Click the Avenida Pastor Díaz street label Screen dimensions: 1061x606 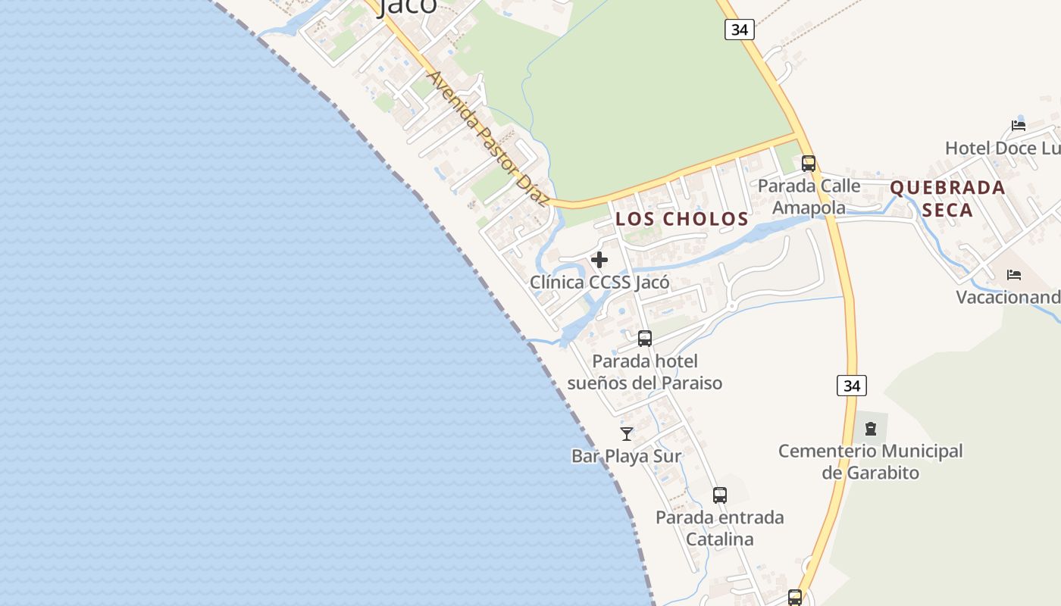pos(487,139)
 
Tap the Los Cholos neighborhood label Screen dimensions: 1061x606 pos(681,219)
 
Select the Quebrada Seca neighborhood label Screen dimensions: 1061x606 pos(947,198)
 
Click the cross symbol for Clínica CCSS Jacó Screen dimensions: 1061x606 pos(599,261)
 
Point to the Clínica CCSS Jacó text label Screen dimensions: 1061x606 pos(599,283)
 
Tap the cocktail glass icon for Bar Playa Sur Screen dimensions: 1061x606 pos(627,433)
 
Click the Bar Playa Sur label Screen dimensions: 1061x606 pos(626,456)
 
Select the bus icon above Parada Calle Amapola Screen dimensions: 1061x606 pos(809,163)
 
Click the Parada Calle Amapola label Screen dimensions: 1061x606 pos(809,196)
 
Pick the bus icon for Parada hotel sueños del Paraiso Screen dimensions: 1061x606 pos(645,339)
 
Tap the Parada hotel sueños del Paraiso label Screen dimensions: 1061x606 pos(645,372)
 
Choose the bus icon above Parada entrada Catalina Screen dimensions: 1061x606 pos(720,495)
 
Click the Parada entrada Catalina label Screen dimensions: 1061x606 pos(720,528)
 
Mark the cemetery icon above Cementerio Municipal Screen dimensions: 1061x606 pos(871,429)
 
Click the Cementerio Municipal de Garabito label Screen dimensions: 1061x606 pos(871,461)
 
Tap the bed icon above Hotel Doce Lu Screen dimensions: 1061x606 pos(1019,125)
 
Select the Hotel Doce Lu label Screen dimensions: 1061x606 pos(1000,148)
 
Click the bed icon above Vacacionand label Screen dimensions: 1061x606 pos(1014,274)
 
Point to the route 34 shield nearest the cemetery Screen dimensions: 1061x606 pos(852,386)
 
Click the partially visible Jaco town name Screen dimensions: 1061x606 pos(408,6)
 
